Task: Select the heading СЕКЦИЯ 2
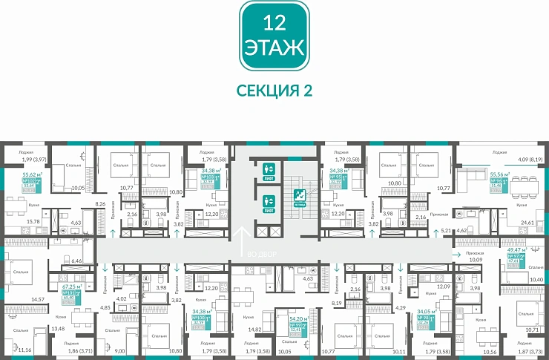pyautogui.click(x=274, y=91)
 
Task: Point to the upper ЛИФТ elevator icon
pyautogui.click(x=268, y=170)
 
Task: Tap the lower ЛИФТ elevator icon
pyautogui.click(x=268, y=201)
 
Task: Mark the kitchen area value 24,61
pyautogui.click(x=527, y=222)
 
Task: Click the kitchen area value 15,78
pyautogui.click(x=33, y=222)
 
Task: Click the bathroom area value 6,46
pyautogui.click(x=76, y=261)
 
